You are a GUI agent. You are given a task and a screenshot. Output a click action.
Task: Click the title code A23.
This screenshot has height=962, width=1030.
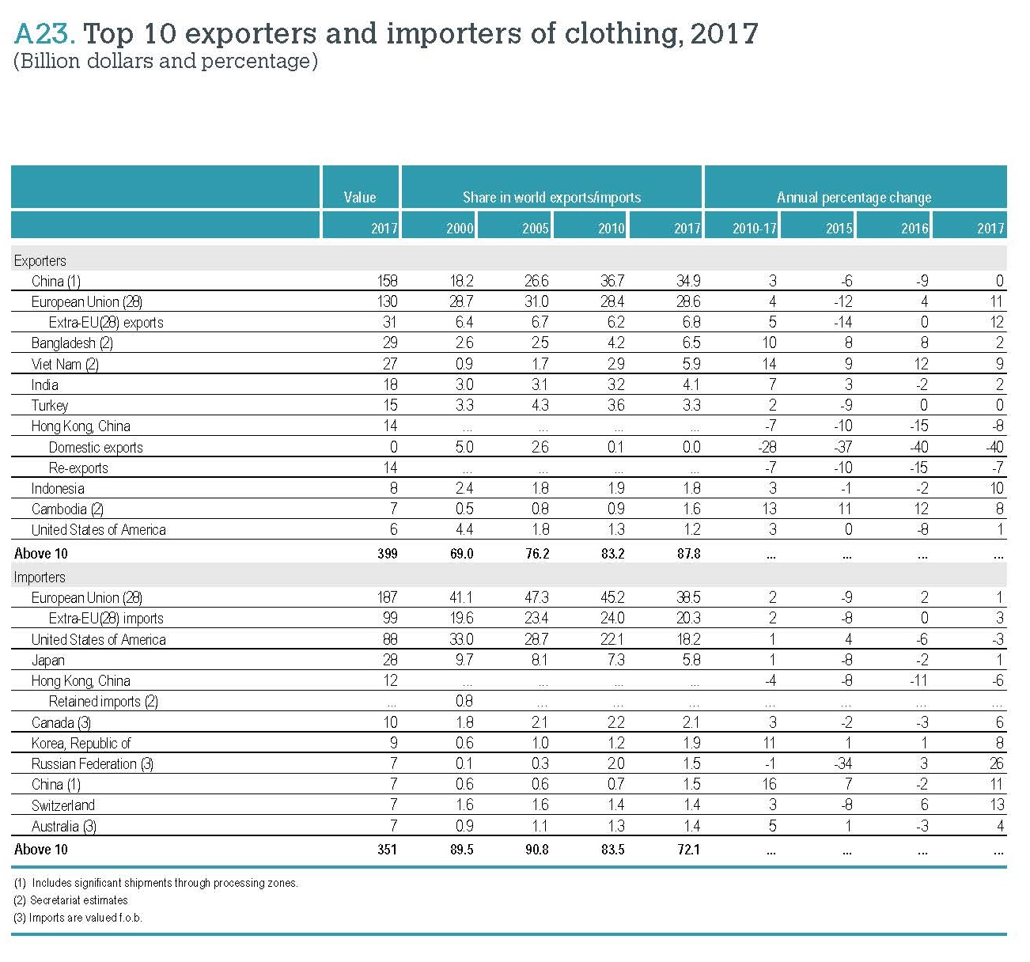point(44,33)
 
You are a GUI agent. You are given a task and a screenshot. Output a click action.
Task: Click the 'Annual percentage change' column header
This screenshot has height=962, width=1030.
point(854,197)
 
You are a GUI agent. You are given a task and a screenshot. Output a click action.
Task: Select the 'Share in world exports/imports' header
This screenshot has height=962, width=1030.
point(551,197)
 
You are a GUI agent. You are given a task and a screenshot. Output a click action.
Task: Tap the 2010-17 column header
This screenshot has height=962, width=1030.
point(754,228)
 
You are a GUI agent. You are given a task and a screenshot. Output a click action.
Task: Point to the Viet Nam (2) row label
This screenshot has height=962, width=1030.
point(65,364)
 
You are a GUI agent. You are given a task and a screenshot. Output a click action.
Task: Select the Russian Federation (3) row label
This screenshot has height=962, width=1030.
point(92,763)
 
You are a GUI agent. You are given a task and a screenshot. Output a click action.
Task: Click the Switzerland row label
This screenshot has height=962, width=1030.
point(62,805)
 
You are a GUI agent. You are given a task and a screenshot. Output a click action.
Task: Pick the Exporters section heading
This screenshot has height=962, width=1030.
point(40,260)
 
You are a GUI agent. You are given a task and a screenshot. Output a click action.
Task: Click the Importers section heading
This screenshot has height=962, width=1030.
point(40,577)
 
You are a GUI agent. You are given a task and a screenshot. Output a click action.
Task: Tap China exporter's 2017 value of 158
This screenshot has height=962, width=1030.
point(387,281)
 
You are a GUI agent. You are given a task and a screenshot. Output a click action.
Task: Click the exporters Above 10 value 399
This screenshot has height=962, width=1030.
point(387,554)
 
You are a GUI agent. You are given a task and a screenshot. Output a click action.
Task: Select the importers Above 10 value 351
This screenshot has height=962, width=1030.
point(387,850)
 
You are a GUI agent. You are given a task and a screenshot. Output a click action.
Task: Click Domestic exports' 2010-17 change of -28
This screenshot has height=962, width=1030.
point(766,447)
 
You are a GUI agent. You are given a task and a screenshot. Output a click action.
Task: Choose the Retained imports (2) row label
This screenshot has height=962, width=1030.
point(103,702)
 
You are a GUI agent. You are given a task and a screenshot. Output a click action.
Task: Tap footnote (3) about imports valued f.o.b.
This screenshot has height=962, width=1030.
point(78,918)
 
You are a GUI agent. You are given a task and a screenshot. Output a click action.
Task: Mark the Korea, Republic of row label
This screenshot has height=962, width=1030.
point(81,743)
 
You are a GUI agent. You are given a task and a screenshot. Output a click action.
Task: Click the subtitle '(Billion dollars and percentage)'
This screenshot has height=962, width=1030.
point(165,61)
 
